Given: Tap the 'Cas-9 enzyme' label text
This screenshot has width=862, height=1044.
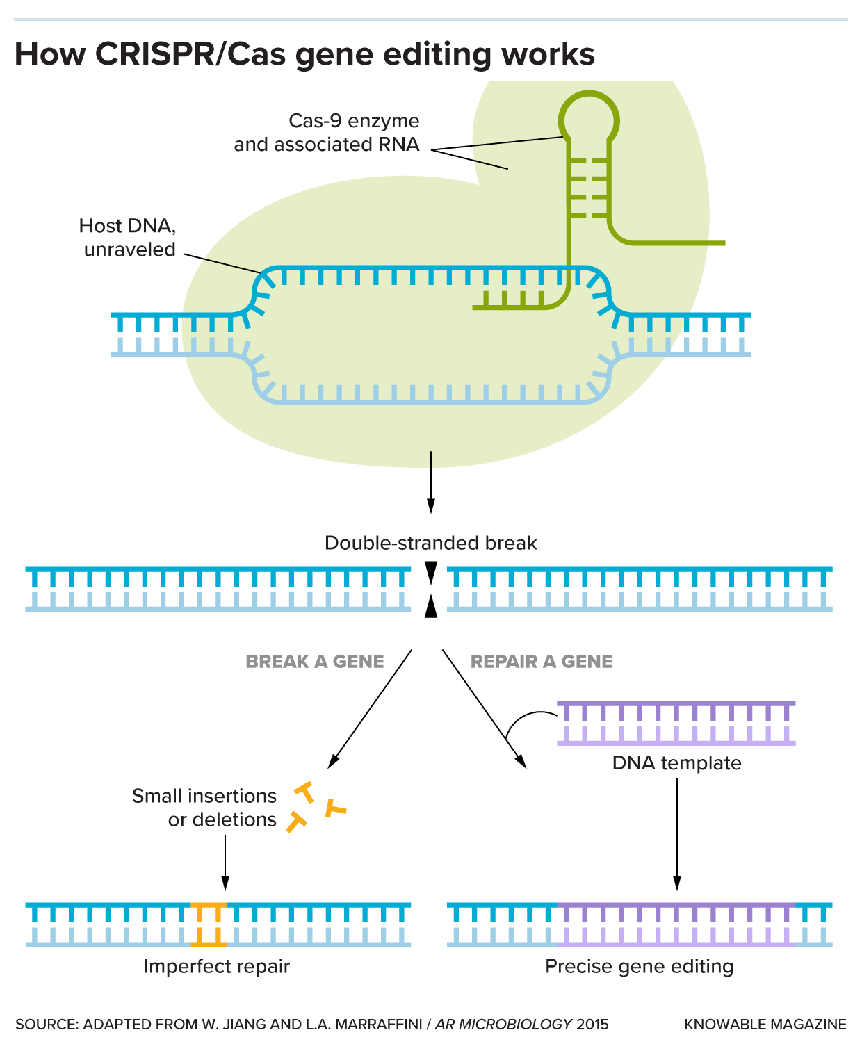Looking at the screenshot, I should [354, 121].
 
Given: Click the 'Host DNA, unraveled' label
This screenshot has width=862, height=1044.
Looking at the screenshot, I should [128, 238].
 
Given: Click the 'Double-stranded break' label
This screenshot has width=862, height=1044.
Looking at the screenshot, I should [430, 543].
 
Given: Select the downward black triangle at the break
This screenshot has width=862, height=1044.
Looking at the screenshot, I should [431, 572].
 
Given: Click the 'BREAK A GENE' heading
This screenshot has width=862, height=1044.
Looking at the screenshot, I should [314, 661].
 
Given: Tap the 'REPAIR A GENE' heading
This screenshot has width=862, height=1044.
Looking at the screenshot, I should [542, 661].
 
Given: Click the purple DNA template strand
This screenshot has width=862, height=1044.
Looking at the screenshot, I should [676, 723].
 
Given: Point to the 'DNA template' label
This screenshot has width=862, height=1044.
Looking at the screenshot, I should [676, 763].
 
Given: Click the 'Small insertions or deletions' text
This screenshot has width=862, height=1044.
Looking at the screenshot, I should [204, 808].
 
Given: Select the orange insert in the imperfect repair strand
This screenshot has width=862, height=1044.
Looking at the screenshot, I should [209, 924].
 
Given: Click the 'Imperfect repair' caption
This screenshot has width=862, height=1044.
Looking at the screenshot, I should [216, 966].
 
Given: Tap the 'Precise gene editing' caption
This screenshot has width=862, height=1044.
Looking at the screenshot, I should [639, 966].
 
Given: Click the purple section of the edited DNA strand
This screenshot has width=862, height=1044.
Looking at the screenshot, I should [676, 924].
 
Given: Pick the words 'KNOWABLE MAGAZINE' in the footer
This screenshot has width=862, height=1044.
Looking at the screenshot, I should [765, 1024].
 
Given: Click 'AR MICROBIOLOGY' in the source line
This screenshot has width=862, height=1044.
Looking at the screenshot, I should [503, 1024].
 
